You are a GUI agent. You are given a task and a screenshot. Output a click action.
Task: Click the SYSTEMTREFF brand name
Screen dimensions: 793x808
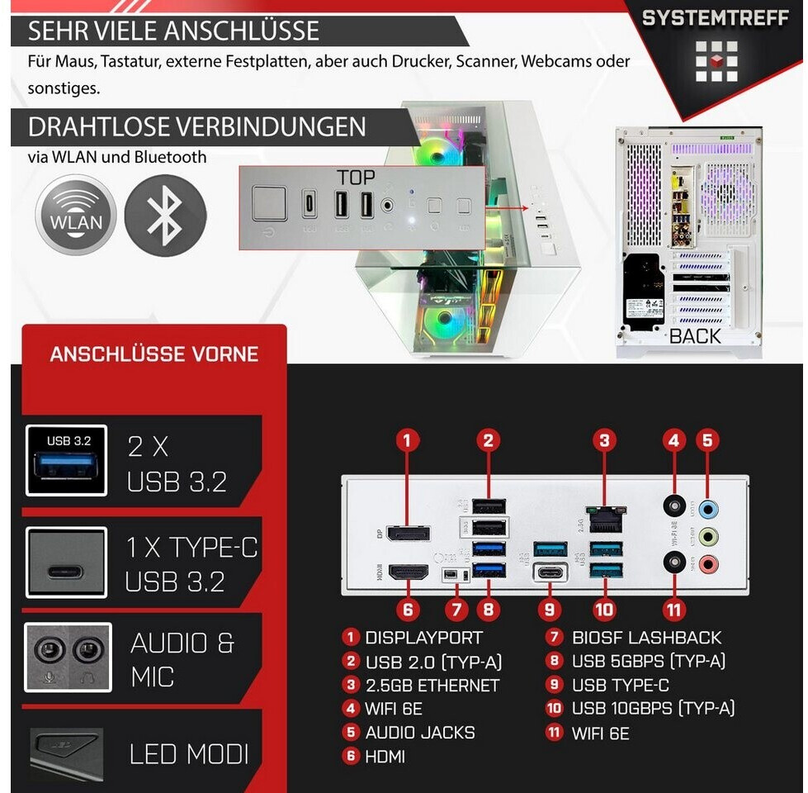[x=715, y=18]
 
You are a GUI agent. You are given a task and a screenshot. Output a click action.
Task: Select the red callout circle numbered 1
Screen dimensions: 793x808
[x=407, y=440]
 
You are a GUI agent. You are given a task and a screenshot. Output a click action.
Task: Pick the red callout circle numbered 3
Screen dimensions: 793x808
[x=606, y=440]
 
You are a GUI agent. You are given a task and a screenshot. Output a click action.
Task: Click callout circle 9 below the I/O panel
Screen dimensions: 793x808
[x=549, y=610]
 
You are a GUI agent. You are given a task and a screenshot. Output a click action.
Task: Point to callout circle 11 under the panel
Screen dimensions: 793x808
[x=674, y=610]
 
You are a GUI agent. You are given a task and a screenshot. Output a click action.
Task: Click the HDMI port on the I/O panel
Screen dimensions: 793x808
[x=409, y=571]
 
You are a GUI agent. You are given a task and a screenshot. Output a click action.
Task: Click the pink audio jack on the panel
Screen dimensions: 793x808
[x=707, y=565]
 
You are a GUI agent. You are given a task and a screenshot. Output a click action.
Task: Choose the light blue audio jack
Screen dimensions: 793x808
[x=707, y=506]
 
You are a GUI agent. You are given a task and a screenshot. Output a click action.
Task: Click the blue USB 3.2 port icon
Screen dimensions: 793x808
[x=67, y=460]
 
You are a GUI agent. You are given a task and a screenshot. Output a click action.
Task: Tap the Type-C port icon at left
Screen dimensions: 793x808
[x=67, y=562]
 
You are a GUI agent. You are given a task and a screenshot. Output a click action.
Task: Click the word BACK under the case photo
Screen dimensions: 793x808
[x=695, y=336]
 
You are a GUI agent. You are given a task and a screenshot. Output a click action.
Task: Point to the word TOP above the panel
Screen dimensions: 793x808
[x=356, y=178]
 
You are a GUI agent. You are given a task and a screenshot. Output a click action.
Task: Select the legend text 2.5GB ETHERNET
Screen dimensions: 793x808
[x=432, y=686]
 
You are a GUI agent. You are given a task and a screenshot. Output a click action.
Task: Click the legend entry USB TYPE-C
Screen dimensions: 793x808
[x=620, y=686]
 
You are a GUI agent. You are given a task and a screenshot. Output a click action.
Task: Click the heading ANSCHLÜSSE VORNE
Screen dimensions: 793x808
[x=154, y=354]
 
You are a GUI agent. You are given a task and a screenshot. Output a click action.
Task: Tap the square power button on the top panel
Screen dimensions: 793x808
[x=269, y=203]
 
